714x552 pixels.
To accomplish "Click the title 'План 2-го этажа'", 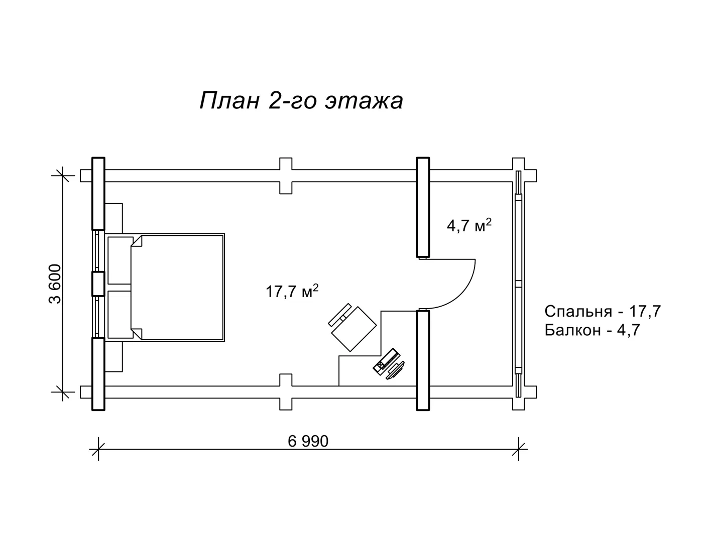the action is point(301,100).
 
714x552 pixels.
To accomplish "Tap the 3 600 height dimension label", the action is point(55,284).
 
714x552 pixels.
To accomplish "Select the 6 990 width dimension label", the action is point(308,442).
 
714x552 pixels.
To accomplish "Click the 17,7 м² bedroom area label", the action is point(292,291).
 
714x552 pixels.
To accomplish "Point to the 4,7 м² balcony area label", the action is point(469,226).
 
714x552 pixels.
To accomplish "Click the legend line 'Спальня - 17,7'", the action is point(603,311).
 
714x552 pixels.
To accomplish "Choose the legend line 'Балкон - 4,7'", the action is point(592,330).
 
